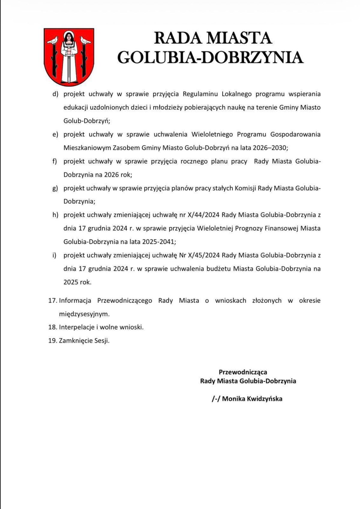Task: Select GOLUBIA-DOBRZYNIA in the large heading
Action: coord(210,57)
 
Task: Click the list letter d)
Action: coord(55,94)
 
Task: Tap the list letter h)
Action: coord(55,215)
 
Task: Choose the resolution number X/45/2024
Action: coord(204,255)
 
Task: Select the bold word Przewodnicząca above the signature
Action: coord(243,372)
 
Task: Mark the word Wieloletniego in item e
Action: coord(212,134)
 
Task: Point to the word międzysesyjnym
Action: coord(84,314)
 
